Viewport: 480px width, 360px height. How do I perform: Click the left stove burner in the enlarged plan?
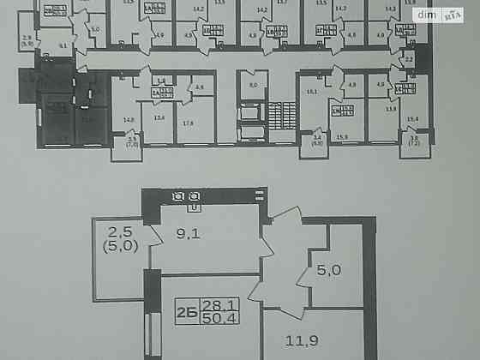(x=179, y=197)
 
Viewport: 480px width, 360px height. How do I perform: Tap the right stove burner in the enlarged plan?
(x=195, y=197)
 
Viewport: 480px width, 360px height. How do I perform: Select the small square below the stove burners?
(x=195, y=207)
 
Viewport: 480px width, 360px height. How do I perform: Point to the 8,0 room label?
(x=252, y=86)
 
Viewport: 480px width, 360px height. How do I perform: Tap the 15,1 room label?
(x=311, y=90)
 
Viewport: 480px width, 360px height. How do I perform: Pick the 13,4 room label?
(x=159, y=118)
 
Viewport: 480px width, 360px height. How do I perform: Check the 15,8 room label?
(x=340, y=135)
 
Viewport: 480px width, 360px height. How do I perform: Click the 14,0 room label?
(x=129, y=119)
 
